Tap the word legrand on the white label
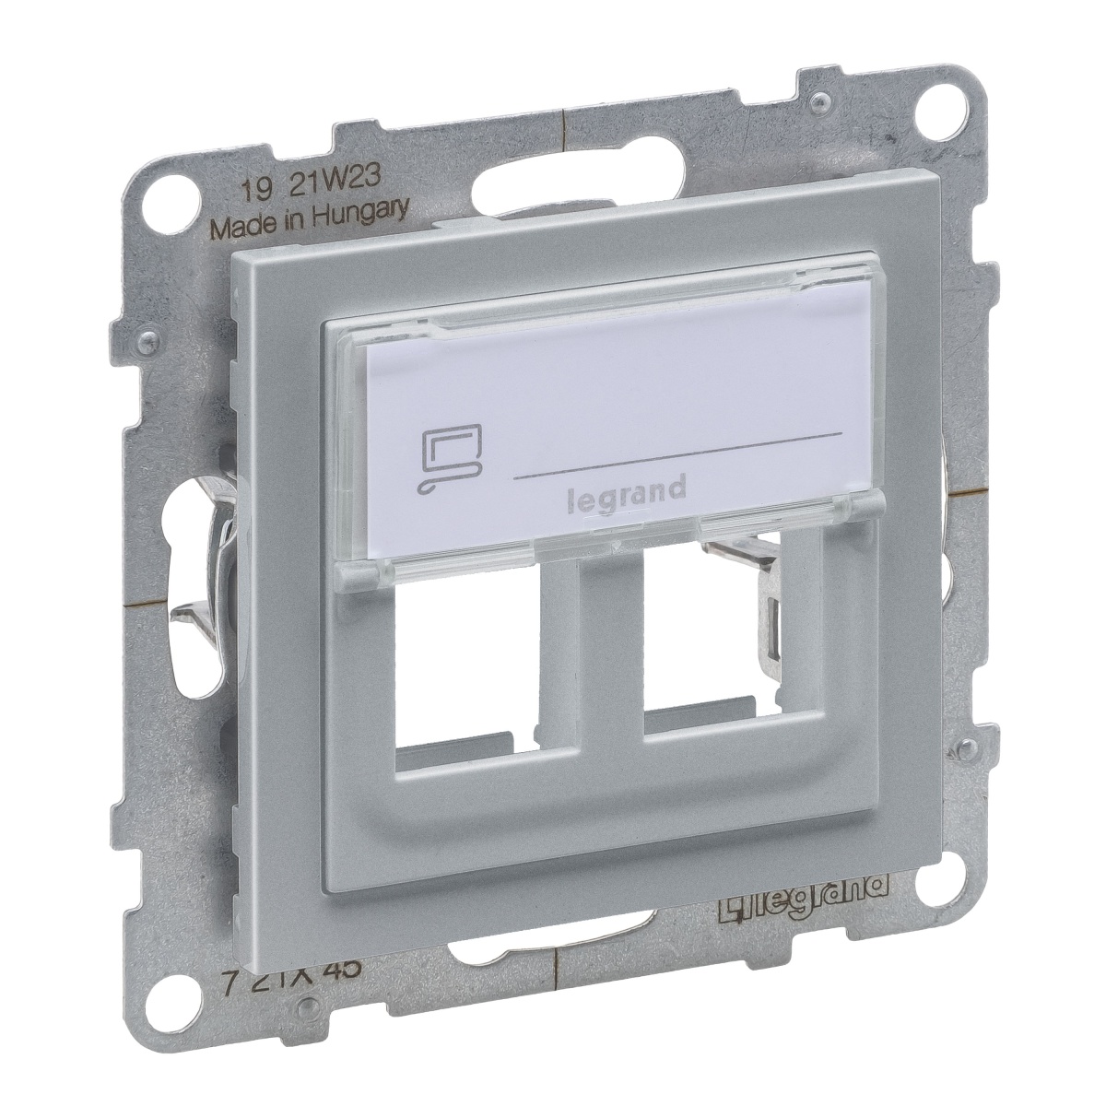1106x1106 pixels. pyautogui.click(x=624, y=488)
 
